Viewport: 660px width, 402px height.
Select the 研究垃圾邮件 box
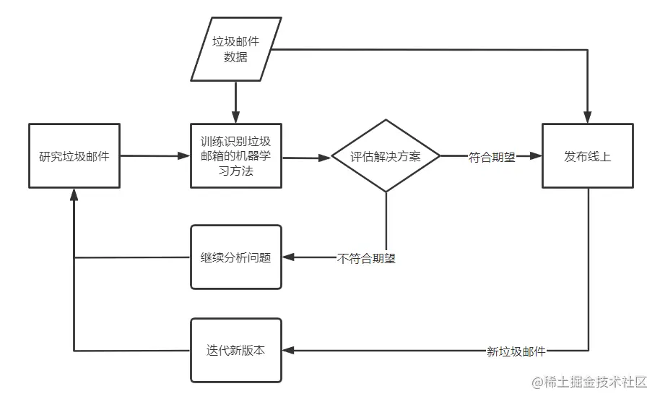[74, 155]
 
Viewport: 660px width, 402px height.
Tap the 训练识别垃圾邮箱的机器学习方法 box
[235, 155]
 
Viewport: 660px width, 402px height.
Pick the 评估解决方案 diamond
[386, 156]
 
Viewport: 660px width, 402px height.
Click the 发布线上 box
[588, 155]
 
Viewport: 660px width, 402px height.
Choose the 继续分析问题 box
[235, 257]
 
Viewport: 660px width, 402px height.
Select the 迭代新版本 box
[235, 350]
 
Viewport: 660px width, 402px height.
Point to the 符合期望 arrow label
[492, 156]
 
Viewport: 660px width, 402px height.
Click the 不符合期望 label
[366, 257]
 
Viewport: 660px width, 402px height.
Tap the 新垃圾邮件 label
[516, 352]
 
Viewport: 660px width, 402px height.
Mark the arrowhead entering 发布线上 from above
[588, 119]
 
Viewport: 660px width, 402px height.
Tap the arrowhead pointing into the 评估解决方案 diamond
[326, 156]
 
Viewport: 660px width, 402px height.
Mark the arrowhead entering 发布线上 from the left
[537, 155]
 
